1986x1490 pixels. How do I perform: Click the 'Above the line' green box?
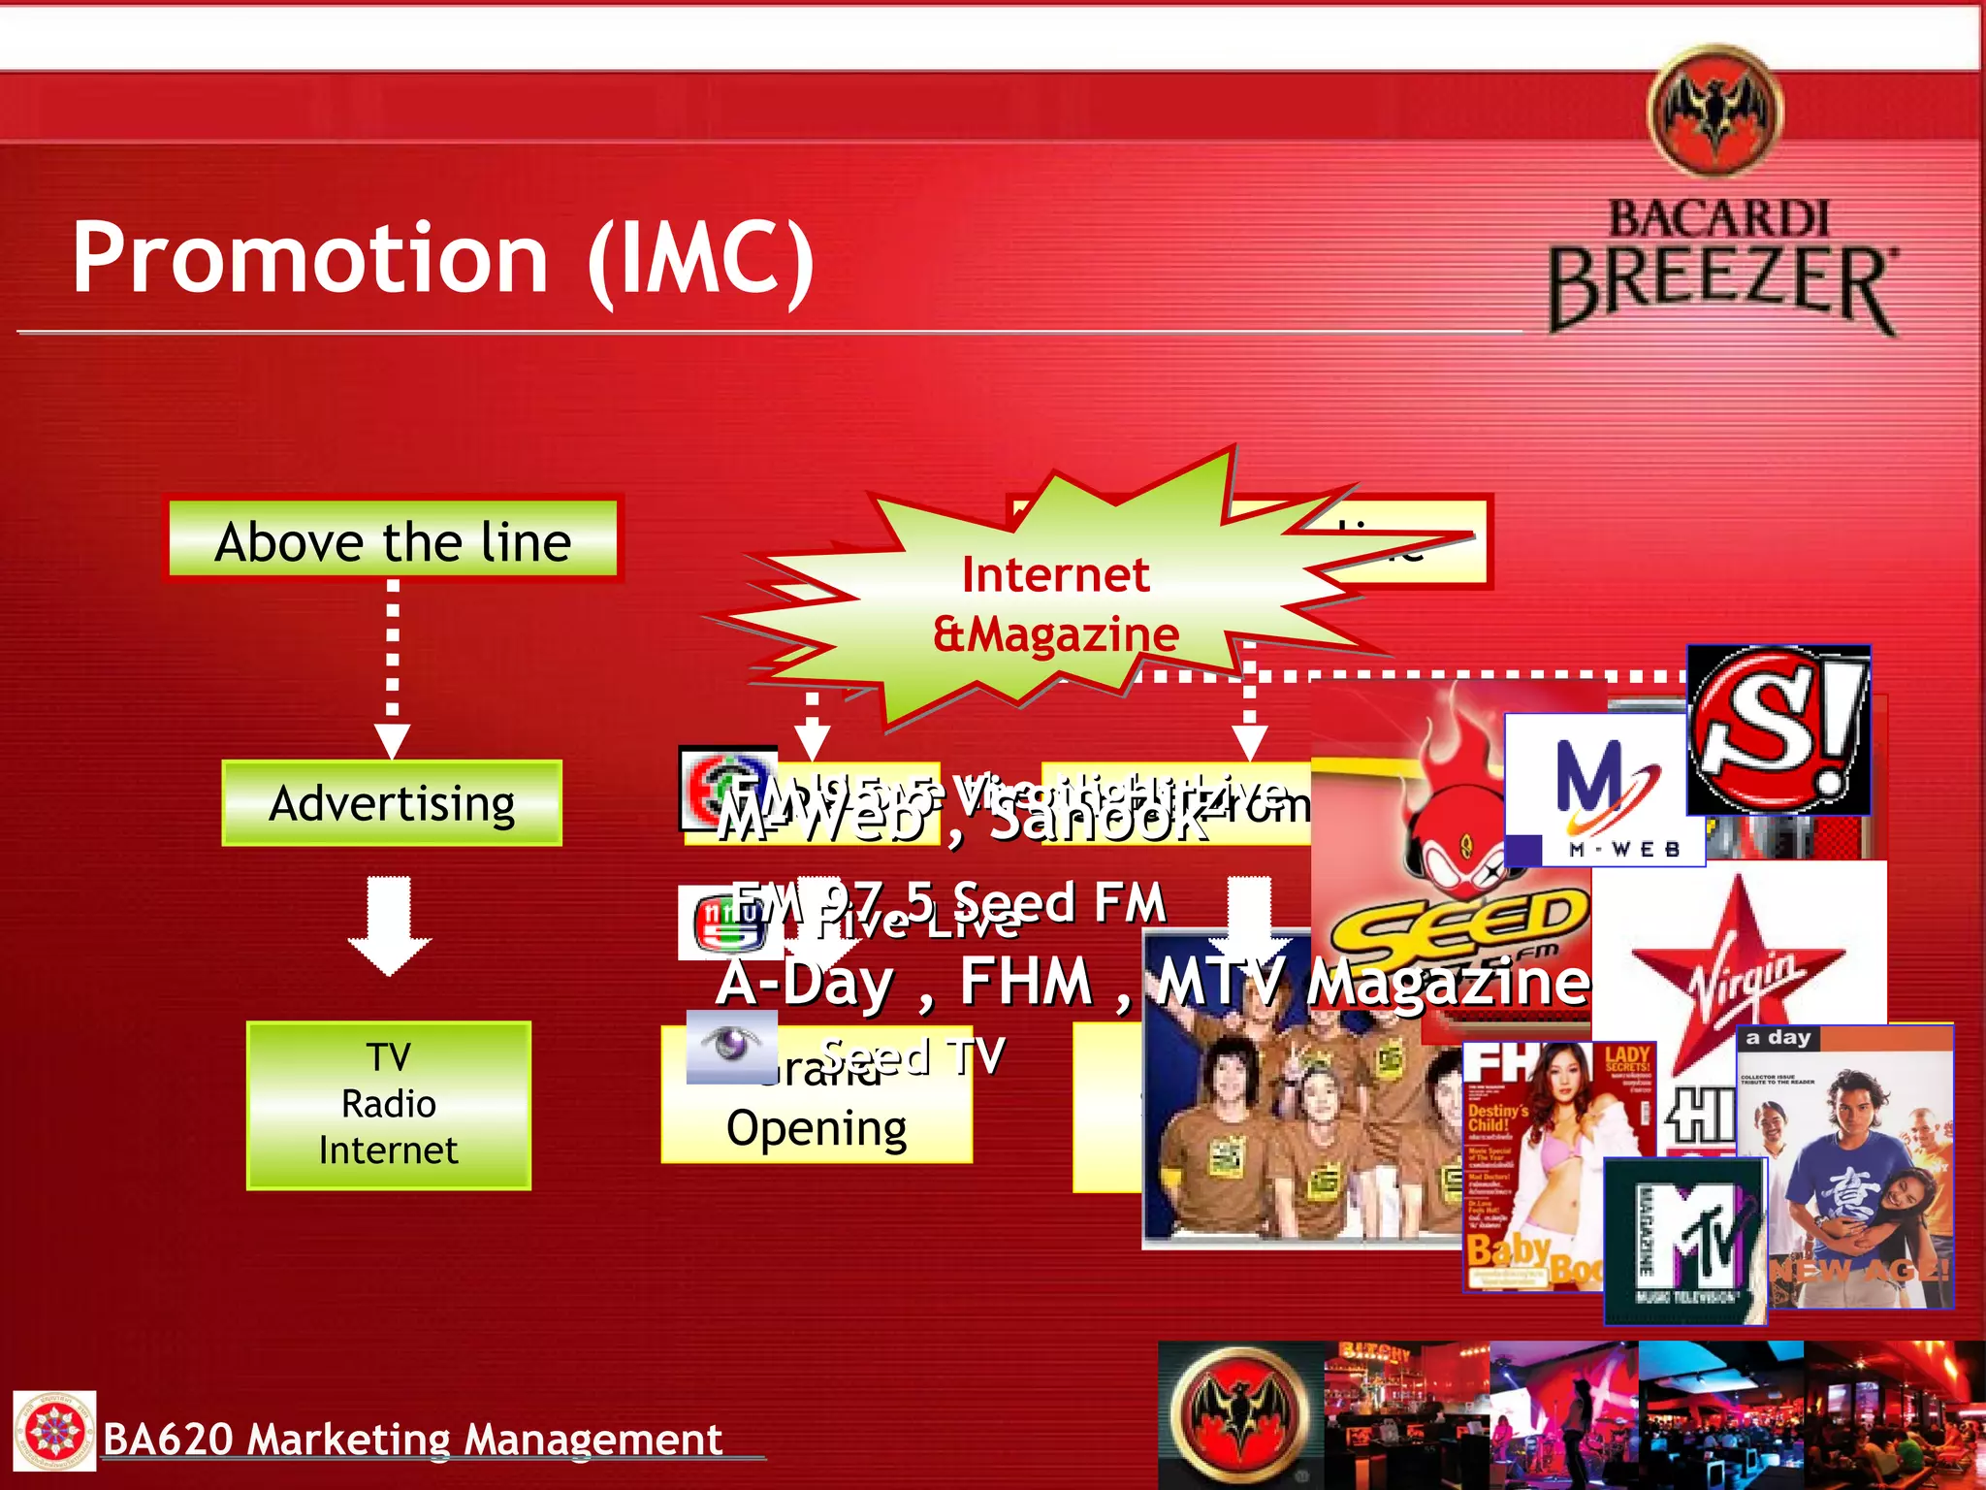tap(393, 540)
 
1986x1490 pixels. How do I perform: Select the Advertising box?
tap(392, 803)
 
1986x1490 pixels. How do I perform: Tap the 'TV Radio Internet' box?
tap(389, 1105)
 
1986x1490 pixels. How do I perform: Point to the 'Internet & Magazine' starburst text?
tap(1055, 603)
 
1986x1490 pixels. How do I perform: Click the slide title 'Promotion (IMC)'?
tap(443, 258)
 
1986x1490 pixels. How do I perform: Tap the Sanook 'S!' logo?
tap(1778, 729)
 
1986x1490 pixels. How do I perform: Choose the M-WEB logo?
tap(1604, 791)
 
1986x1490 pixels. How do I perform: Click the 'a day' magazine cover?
tap(1844, 1164)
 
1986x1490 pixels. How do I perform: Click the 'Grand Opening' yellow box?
tap(817, 1106)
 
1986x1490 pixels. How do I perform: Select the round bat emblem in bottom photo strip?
tap(1240, 1412)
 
